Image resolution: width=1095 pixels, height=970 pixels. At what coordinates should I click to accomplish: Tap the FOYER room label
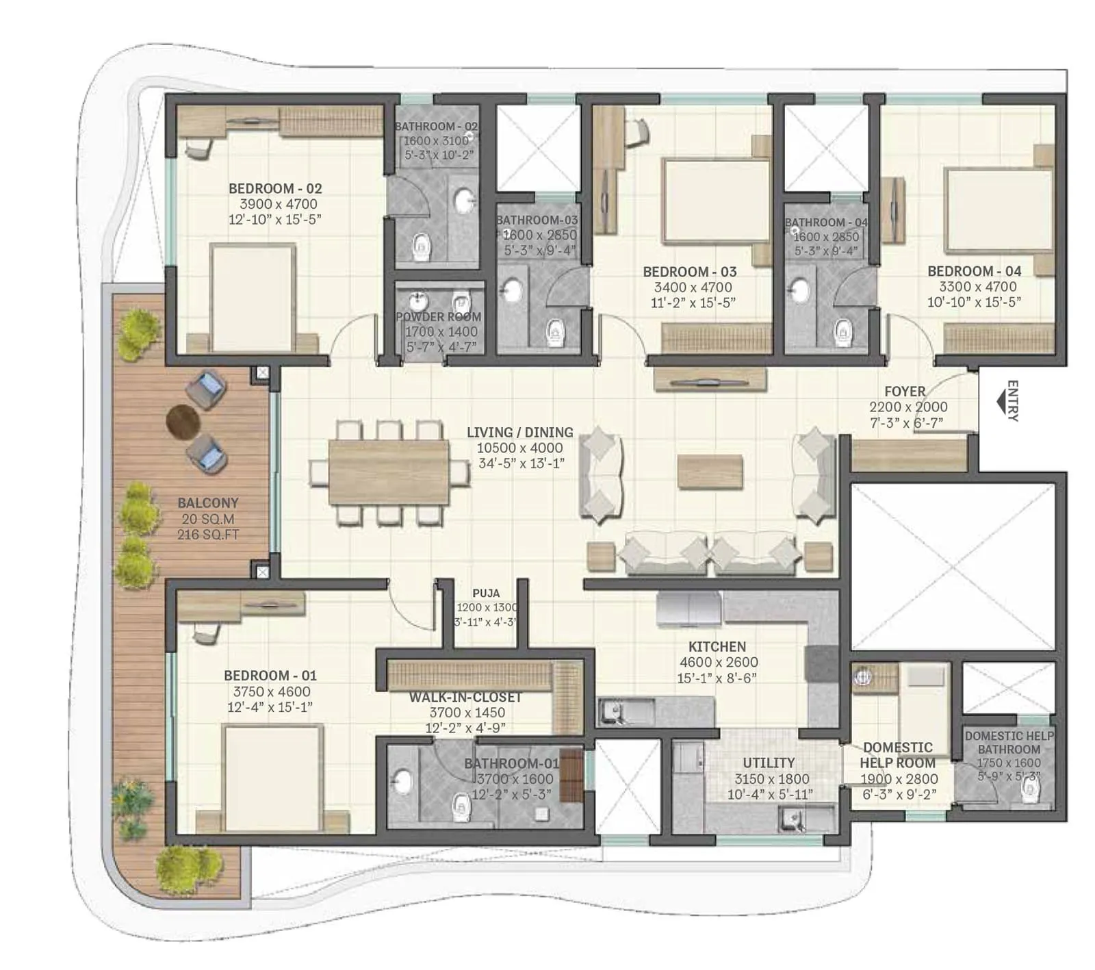pyautogui.click(x=905, y=392)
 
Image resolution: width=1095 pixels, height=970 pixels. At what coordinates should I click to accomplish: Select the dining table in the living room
pyautogui.click(x=389, y=472)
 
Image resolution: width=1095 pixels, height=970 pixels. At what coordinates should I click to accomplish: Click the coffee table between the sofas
pyautogui.click(x=710, y=472)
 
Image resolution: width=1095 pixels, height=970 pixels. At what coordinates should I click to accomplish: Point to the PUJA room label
pyautogui.click(x=486, y=594)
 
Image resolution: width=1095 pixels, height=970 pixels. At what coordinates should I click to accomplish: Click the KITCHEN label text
pyautogui.click(x=717, y=646)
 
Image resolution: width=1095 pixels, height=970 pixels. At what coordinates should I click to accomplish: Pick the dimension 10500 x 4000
pyautogui.click(x=520, y=448)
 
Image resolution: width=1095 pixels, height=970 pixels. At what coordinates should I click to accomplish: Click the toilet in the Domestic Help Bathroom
pyautogui.click(x=1029, y=791)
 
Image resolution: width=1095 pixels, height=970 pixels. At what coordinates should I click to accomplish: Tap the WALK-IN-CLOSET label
pyautogui.click(x=466, y=698)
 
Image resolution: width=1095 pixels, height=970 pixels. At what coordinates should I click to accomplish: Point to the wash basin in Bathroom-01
pyautogui.click(x=402, y=782)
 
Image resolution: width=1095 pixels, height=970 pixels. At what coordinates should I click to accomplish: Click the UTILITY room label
pyautogui.click(x=769, y=763)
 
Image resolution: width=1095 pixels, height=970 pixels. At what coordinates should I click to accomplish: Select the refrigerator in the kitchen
pyautogui.click(x=688, y=609)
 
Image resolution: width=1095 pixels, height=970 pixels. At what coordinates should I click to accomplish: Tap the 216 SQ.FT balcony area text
pyautogui.click(x=208, y=535)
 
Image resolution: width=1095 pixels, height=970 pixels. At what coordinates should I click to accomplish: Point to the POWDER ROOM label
pyautogui.click(x=438, y=317)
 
